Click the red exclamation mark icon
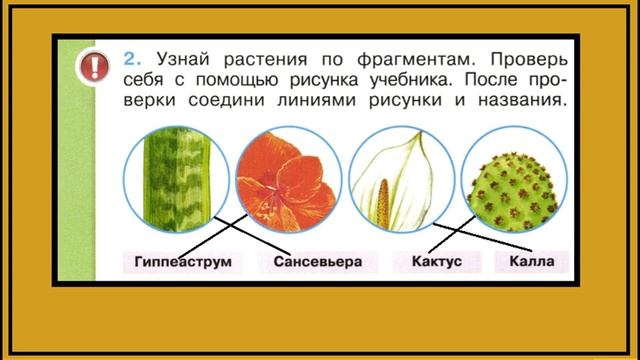click(94, 67)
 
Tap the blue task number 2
click(132, 59)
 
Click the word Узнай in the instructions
click(183, 60)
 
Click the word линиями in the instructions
click(317, 100)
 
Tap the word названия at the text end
click(522, 100)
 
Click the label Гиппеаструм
click(183, 262)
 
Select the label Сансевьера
click(318, 262)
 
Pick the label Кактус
click(437, 262)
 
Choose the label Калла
click(532, 262)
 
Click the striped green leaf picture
click(176, 179)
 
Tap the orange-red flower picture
click(289, 179)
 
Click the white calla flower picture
click(402, 179)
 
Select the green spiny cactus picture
click(514, 179)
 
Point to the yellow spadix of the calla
click(383, 203)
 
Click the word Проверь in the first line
click(529, 60)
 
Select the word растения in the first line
click(265, 60)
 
